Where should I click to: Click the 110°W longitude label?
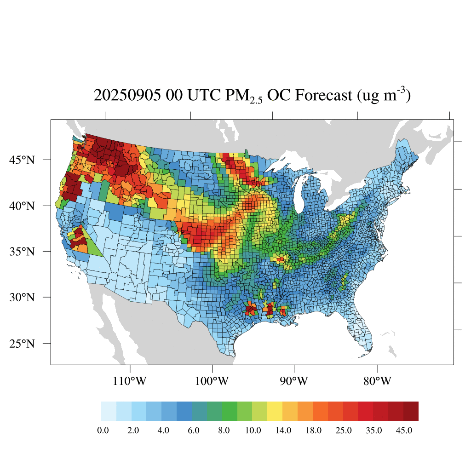(x=130, y=381)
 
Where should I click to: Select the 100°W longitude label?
(x=213, y=381)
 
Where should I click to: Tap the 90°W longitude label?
(x=294, y=381)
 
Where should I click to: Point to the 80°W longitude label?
(x=378, y=381)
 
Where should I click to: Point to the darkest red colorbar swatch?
(x=411, y=411)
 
